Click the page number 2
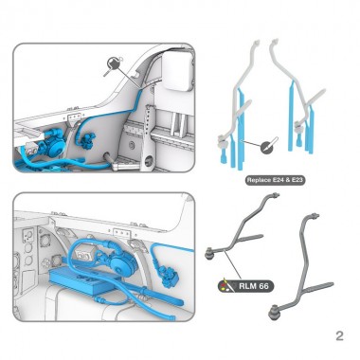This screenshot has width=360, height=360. coord(339,335)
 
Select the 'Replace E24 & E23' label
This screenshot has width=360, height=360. coord(275,180)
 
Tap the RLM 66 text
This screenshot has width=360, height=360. coord(254,286)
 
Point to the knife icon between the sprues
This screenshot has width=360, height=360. coord(268,146)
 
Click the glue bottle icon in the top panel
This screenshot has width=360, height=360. coord(113,64)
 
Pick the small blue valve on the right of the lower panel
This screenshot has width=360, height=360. coord(170,275)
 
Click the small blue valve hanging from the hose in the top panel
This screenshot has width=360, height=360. coord(88,140)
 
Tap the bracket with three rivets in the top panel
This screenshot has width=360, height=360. coord(74,118)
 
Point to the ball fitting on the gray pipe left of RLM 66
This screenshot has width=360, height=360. coord(209,253)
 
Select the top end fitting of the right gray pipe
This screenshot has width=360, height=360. coord(315,217)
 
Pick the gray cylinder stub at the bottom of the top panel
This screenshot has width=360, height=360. coord(107,157)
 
